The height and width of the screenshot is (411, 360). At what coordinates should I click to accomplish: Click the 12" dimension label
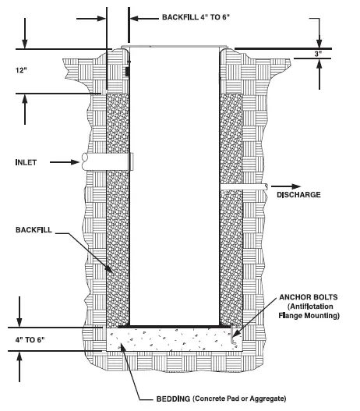point(21,70)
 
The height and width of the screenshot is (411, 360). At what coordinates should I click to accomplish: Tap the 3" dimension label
point(318,54)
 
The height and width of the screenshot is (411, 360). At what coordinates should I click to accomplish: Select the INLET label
point(26,162)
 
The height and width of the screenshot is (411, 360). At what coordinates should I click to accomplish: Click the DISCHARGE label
point(298,194)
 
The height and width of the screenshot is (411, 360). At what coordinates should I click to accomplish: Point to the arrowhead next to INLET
point(75,162)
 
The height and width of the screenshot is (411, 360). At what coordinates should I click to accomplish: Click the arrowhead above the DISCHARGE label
point(296,186)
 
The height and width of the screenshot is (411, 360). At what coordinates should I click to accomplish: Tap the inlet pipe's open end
point(85,161)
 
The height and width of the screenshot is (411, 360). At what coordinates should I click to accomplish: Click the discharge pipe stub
point(243,186)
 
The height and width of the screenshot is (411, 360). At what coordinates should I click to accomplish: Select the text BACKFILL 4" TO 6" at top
point(196,17)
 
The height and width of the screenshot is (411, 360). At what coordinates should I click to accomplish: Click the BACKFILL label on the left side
point(34,230)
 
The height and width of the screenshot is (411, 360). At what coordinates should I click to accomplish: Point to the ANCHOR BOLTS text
point(308,297)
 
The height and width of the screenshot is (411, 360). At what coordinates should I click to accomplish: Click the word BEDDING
point(173,399)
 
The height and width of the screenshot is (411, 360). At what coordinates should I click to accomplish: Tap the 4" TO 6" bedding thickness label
point(30,340)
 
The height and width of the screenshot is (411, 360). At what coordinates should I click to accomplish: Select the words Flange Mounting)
point(309,315)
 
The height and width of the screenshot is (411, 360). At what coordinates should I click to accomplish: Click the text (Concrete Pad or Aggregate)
point(239,399)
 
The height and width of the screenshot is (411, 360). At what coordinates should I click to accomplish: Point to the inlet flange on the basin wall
point(132,161)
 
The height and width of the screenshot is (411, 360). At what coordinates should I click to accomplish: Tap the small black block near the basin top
point(127,72)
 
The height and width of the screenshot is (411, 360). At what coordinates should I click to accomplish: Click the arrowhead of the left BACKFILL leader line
point(108,269)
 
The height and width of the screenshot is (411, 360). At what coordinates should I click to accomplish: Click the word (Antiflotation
point(310,306)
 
